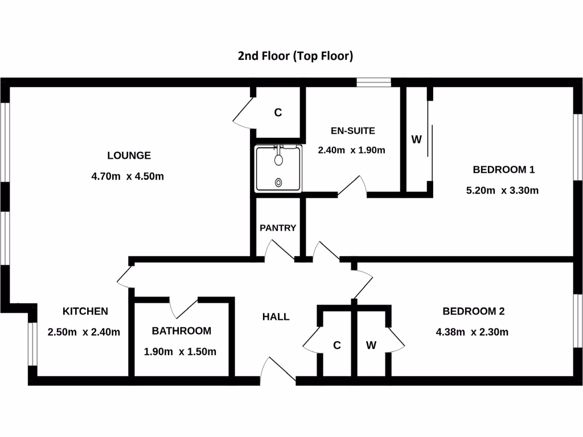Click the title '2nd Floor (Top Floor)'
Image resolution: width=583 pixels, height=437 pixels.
pos(295,56)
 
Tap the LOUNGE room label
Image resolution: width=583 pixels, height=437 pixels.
pos(129,155)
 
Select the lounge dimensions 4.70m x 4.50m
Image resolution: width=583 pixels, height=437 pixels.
pos(128,176)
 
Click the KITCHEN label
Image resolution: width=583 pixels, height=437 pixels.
pos(85,311)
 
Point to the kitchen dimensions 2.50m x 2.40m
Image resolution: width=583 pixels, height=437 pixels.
pos(84,332)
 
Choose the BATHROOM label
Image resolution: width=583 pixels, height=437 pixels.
pos(182,331)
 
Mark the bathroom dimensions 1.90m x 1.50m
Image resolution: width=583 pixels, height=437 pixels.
pos(180,352)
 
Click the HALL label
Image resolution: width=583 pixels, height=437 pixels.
pos(276,317)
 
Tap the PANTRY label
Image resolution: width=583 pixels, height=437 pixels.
pos(278,228)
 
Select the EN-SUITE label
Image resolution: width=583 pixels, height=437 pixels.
pos(353,131)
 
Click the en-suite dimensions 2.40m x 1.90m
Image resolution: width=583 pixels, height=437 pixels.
pos(352,151)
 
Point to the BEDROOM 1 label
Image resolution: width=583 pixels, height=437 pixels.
pos(504,170)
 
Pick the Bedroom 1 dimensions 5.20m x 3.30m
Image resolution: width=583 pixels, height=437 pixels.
pos(502,191)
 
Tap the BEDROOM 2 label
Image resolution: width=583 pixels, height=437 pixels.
pos(474,311)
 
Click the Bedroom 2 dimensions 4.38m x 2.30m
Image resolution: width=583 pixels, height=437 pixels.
pos(472,332)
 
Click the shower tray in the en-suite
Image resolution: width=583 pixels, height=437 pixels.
pos(278,169)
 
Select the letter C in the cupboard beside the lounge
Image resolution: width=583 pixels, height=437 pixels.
pos(278,113)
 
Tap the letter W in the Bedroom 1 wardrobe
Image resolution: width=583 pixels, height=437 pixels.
pos(416,139)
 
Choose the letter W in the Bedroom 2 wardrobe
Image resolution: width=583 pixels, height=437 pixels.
pos(371,345)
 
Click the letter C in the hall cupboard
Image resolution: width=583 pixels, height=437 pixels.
pos(337,345)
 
